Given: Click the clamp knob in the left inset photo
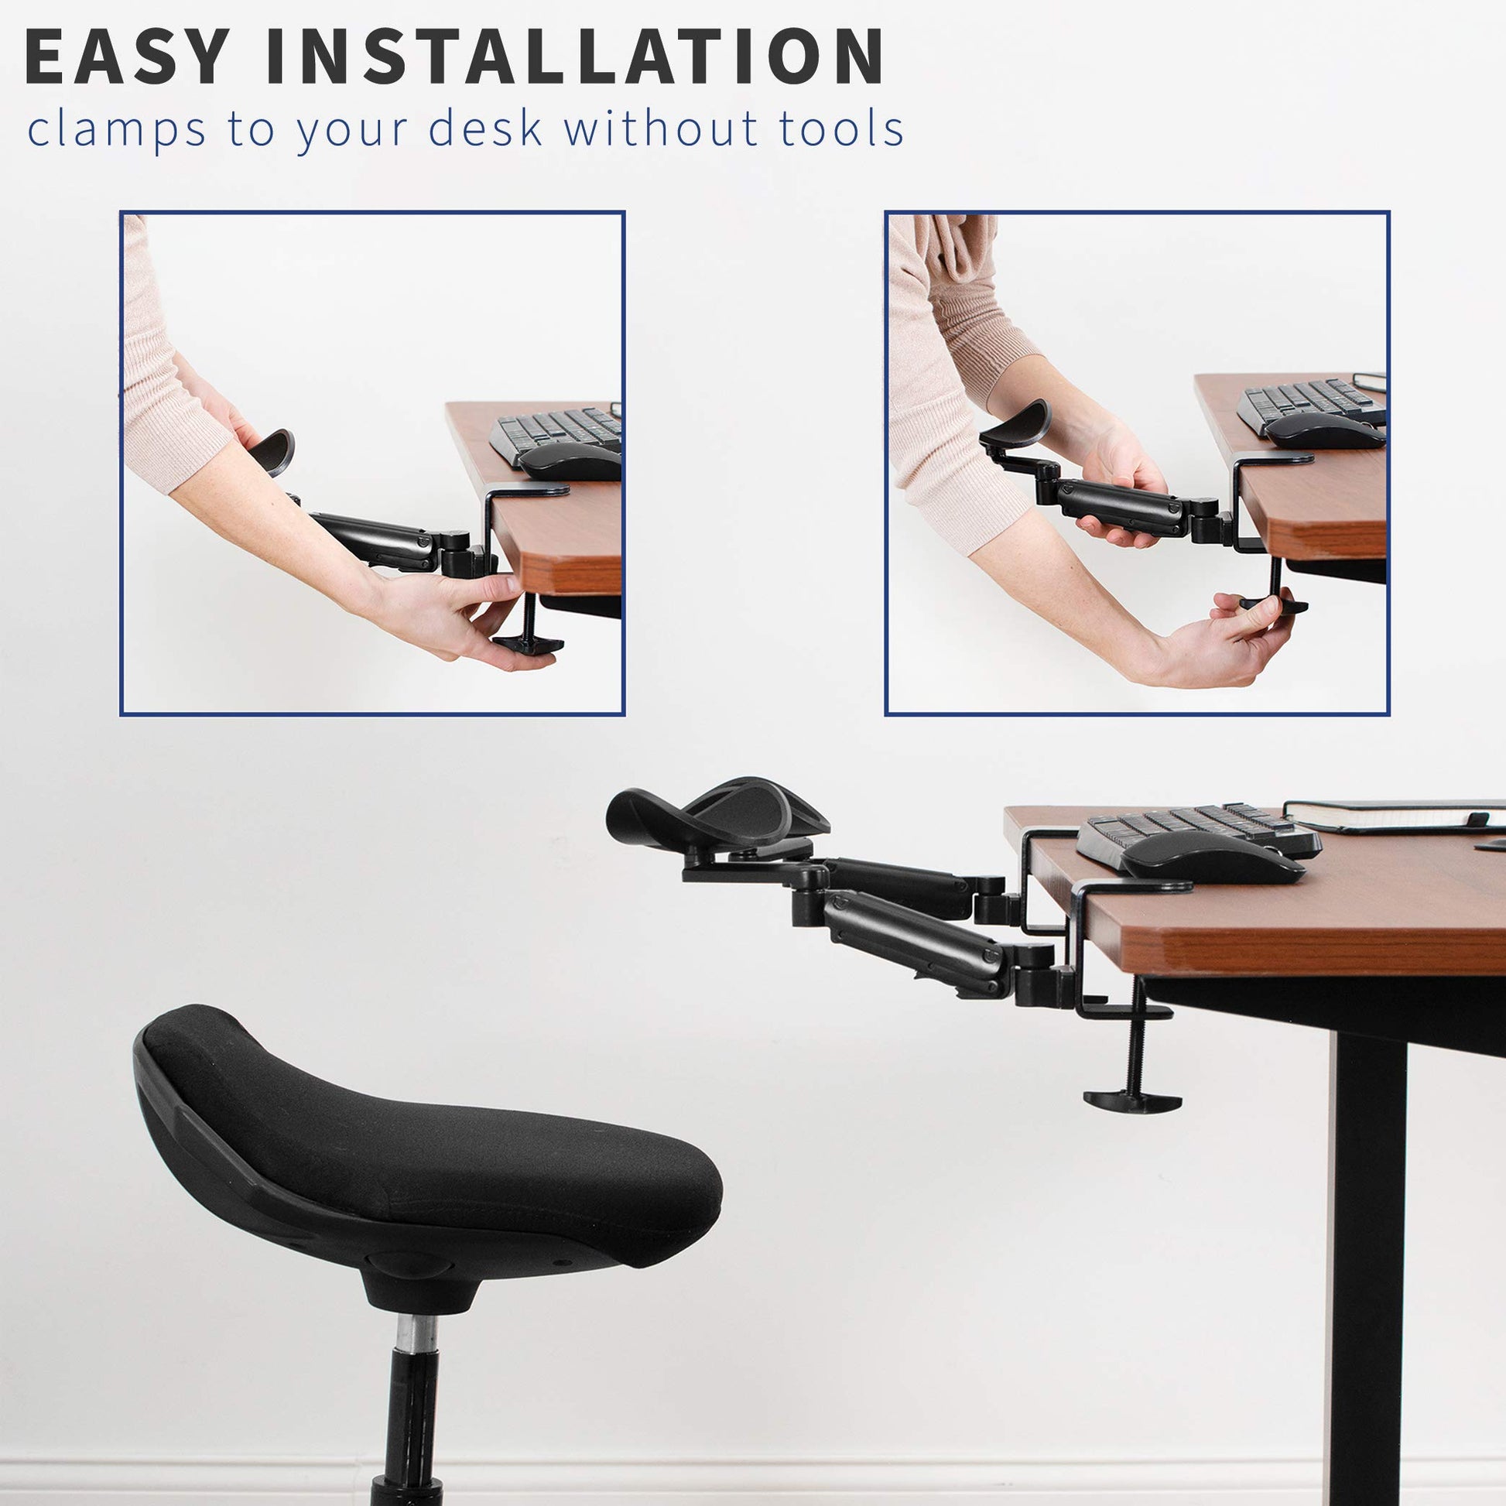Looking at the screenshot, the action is point(527,643).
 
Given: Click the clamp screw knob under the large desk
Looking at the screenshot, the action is point(1132,1100).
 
